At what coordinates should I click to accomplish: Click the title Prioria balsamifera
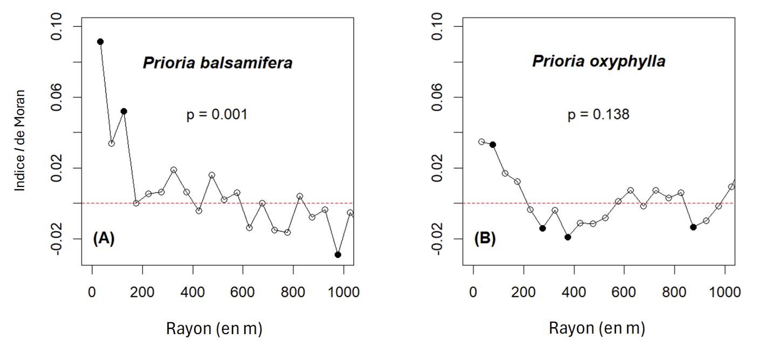[x=217, y=63]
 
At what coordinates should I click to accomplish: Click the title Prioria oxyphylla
[x=598, y=61]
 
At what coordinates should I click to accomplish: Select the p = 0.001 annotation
[x=217, y=115]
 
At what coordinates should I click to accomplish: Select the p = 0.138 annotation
[x=598, y=115]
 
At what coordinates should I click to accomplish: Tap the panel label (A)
[x=104, y=238]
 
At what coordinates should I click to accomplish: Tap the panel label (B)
[x=484, y=238]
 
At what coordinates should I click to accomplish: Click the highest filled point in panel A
[x=100, y=41]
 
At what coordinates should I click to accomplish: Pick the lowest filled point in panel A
[x=338, y=254]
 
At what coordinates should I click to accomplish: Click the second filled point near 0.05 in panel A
[x=123, y=111]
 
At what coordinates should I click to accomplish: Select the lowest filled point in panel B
[x=568, y=237]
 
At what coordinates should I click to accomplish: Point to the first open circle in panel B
[x=481, y=142]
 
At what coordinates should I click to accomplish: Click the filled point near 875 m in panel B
[x=693, y=227]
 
